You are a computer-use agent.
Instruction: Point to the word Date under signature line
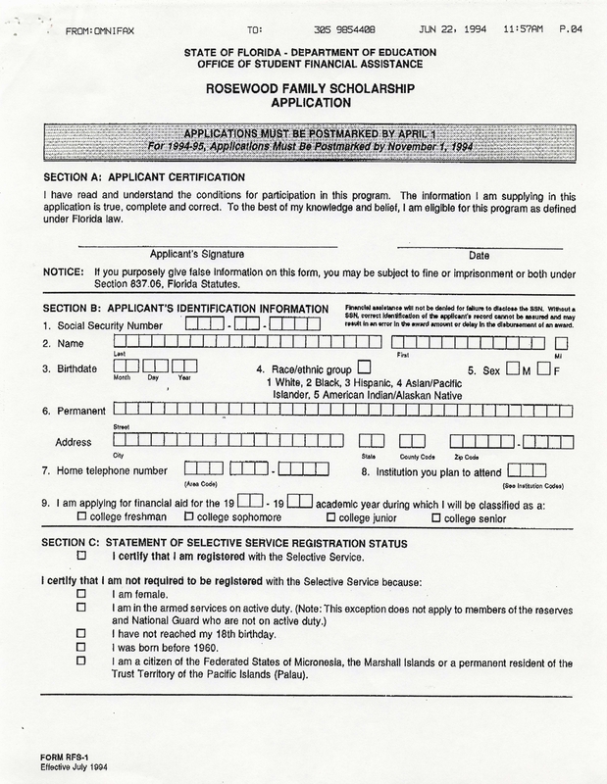click(473, 254)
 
